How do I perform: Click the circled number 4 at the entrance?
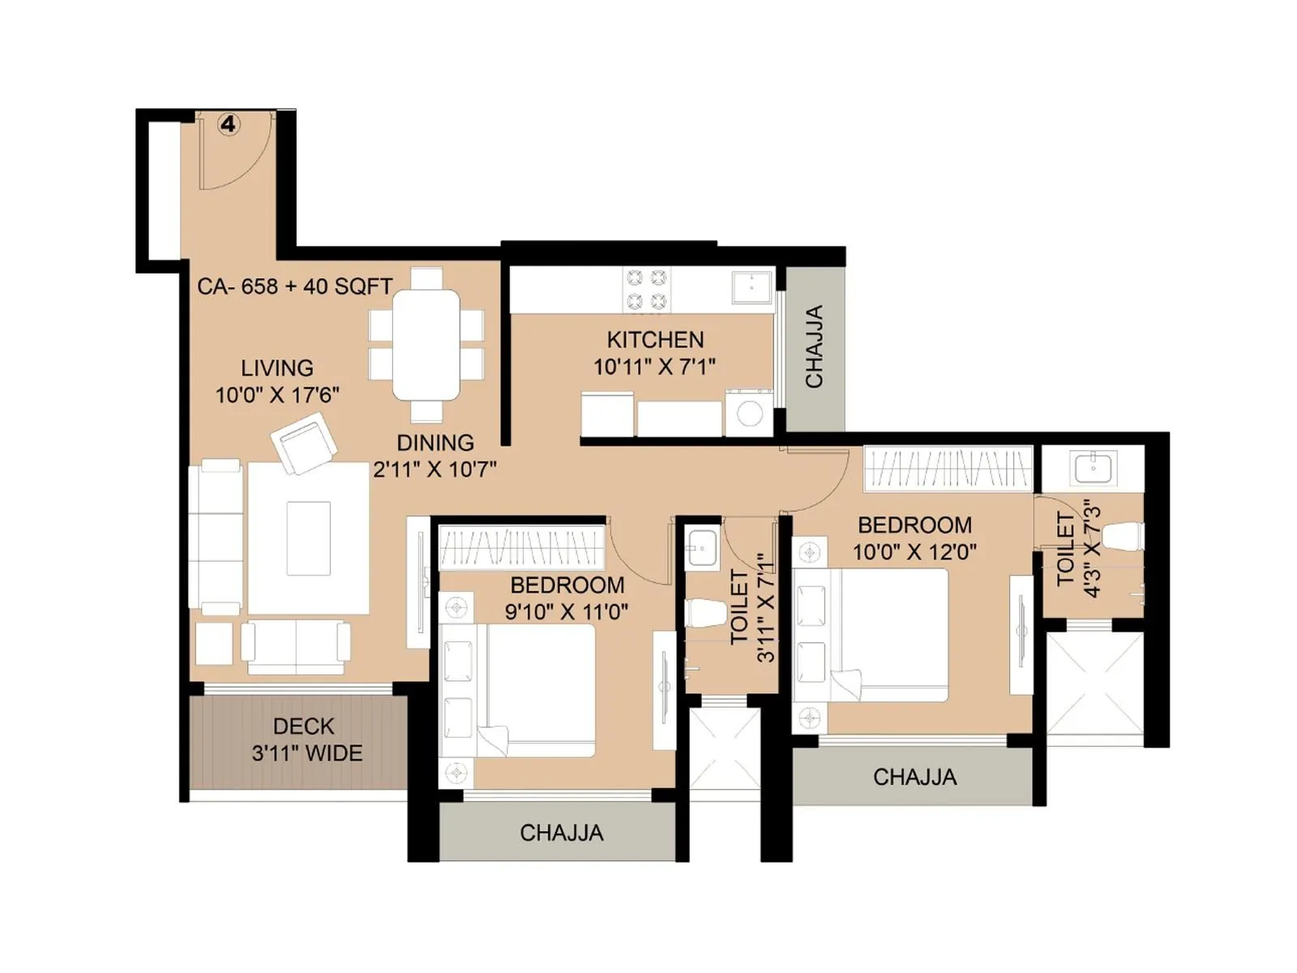[x=229, y=124]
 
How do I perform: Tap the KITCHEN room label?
[x=655, y=339]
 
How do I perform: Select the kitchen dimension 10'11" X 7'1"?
[x=654, y=366]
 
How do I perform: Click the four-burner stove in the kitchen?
[x=647, y=289]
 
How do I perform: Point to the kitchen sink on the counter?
[x=752, y=286]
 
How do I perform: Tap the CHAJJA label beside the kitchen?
[x=814, y=346]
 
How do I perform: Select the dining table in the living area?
[x=426, y=345]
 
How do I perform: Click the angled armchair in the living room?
[x=304, y=443]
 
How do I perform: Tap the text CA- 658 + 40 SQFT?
[x=295, y=286]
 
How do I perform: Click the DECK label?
[x=303, y=726]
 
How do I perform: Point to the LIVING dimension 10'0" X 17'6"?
[x=276, y=395]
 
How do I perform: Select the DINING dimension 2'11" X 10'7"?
[x=434, y=469]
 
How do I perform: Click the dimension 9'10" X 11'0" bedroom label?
[x=567, y=611]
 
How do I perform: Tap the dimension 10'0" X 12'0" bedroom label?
[x=914, y=551]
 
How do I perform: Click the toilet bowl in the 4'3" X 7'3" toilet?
[x=1124, y=536]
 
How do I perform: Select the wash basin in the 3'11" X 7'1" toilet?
[x=702, y=547]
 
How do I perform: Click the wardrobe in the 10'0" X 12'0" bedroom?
[x=948, y=469]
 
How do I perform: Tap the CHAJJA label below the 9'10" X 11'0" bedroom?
[x=561, y=833]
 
